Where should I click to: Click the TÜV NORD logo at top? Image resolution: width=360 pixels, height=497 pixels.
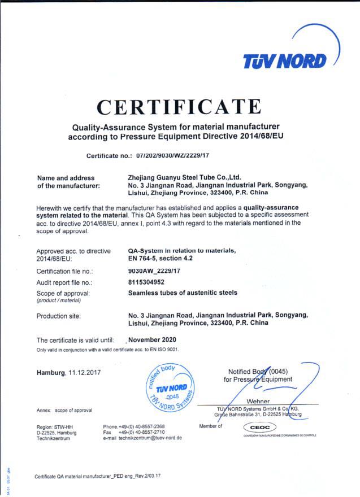284,60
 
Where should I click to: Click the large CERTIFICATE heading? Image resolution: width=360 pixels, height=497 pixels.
179,106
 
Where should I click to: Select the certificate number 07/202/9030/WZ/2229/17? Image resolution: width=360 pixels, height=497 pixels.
174,155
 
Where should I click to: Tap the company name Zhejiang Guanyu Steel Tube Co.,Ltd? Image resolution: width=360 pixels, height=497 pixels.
185,177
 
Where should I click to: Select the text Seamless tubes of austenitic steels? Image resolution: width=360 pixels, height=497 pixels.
183,293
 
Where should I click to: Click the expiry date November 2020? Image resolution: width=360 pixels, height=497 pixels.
153,340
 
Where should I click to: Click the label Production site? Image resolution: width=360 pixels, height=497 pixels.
59,316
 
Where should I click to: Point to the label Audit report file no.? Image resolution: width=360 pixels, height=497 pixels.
64,282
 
